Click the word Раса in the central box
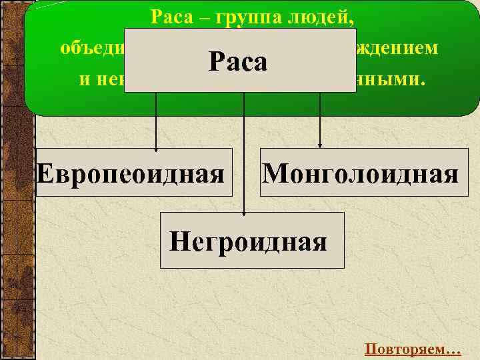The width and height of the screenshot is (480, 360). tap(238, 62)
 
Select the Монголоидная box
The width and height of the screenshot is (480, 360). tap(360, 173)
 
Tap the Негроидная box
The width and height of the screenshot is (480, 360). tap(252, 240)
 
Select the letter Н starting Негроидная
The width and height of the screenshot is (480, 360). tap(179, 240)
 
